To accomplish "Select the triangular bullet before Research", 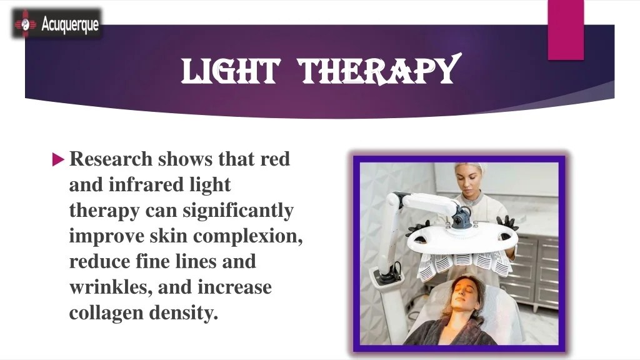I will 57,159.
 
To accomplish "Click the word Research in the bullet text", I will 111,159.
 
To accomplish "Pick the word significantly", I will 237,211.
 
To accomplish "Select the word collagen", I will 106,313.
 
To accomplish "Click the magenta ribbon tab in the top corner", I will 566,29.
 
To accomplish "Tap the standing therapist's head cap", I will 471,169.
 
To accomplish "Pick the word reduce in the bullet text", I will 99,262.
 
